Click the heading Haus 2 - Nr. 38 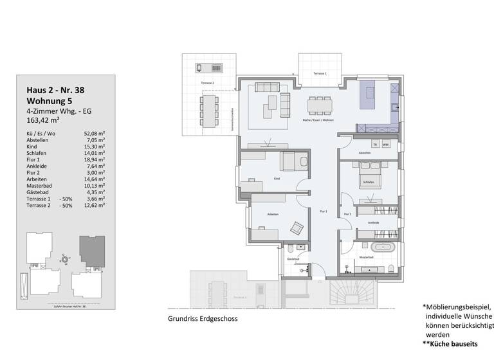click(x=55, y=91)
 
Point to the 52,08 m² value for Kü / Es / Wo click(x=95, y=133)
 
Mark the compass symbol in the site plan click(x=64, y=259)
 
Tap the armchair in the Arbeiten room click(x=297, y=227)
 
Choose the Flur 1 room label click(x=324, y=212)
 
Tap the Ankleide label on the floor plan click(x=373, y=222)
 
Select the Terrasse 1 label click(x=320, y=74)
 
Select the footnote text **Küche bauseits click(x=455, y=344)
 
